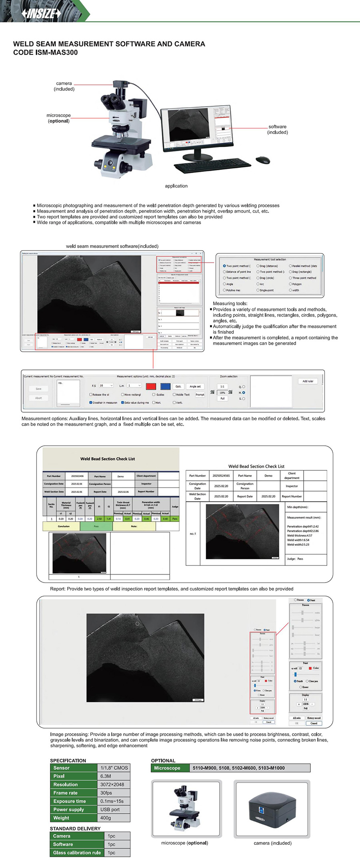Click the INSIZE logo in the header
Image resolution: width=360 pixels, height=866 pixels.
click(41, 14)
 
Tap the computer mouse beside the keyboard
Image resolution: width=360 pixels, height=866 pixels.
click(263, 160)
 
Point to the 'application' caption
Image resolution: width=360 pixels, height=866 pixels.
click(176, 186)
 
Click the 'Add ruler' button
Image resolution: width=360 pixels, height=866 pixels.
click(308, 381)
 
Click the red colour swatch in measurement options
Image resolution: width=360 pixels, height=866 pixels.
click(151, 386)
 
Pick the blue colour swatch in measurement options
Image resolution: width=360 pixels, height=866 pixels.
click(165, 386)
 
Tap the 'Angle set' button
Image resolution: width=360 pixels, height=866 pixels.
click(195, 387)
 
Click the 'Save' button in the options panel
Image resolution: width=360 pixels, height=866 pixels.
click(38, 389)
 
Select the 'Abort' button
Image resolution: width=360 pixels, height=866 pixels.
click(38, 398)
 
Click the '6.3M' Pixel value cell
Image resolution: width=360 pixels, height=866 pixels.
click(106, 776)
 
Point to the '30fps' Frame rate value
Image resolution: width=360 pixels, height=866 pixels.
click(106, 793)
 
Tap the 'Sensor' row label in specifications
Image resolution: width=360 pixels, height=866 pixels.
click(62, 768)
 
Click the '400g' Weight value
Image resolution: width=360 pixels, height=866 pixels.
click(106, 818)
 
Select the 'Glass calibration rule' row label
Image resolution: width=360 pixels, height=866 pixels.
click(77, 853)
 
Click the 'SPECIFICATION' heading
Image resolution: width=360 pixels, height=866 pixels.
click(68, 760)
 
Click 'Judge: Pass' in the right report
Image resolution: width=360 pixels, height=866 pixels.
click(295, 559)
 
